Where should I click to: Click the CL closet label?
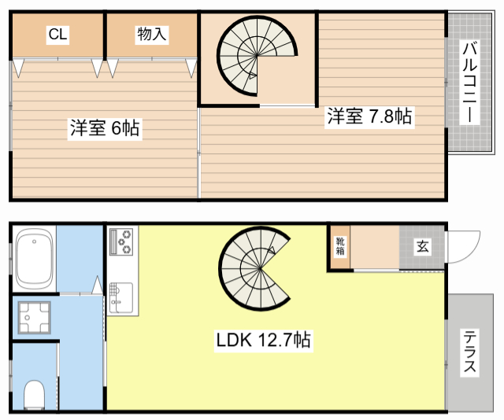point(57,34)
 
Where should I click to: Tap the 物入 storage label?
point(151,34)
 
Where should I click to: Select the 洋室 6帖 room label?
point(104,128)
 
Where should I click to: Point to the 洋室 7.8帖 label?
point(369,116)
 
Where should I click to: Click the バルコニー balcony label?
point(469,83)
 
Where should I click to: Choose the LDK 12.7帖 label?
point(262,341)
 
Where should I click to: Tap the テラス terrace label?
point(469,351)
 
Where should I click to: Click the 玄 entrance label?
point(422,246)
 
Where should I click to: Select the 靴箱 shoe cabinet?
point(340,247)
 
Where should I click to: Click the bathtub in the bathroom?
point(35,258)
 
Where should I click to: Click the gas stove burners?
point(122,241)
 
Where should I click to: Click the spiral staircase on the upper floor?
point(257,56)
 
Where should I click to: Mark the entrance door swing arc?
point(466,245)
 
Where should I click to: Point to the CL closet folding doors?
point(57,66)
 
